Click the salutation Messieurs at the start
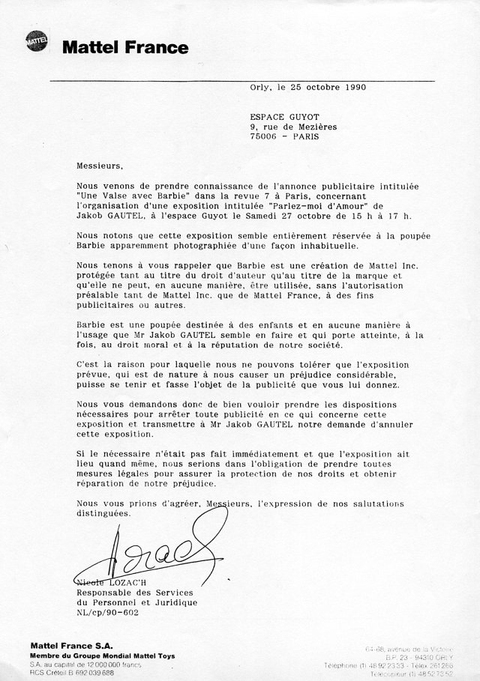[98, 163]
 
